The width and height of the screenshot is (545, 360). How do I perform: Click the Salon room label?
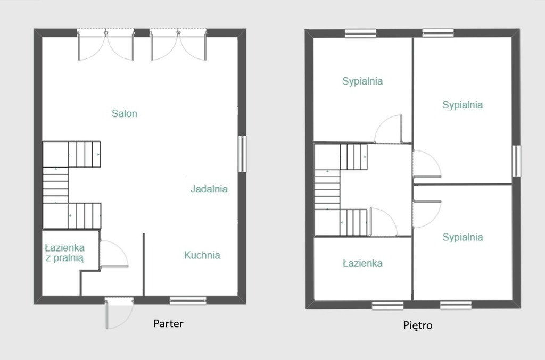125,113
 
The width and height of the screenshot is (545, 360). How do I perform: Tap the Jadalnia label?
209,189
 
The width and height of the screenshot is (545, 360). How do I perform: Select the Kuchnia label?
202,255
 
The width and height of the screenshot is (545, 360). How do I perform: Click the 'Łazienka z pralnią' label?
64,253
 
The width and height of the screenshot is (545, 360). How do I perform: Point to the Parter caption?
168,323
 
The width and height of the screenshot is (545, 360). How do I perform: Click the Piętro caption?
418,325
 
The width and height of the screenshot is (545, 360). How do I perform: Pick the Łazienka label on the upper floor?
362,263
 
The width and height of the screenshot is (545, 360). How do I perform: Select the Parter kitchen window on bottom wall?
188,300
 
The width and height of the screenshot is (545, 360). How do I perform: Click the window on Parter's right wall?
242,154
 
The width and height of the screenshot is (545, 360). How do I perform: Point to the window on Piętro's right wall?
516,161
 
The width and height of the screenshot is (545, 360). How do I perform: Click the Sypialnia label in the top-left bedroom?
362,81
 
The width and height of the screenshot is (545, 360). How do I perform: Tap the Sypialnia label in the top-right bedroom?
463,105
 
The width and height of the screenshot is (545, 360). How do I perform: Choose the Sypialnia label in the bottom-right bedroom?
463,237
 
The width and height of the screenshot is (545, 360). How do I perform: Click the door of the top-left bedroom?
388,129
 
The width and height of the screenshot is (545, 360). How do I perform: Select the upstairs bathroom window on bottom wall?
387,306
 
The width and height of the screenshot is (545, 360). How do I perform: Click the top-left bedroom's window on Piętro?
360,34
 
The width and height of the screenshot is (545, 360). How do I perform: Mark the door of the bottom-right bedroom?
427,214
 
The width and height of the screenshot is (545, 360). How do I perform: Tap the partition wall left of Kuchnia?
144,264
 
